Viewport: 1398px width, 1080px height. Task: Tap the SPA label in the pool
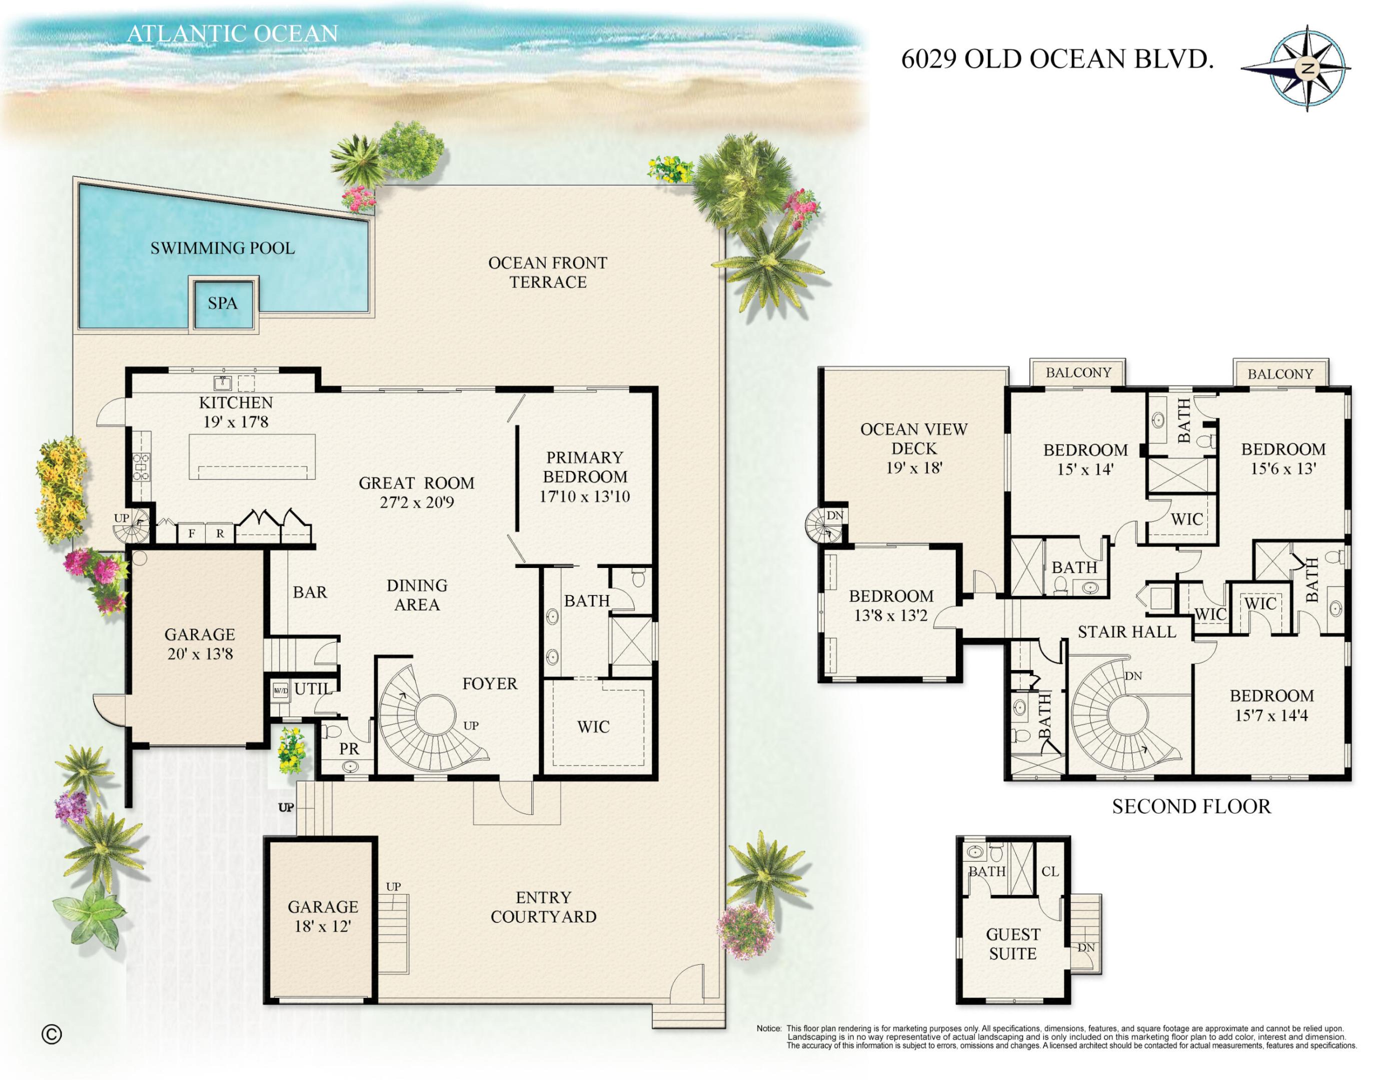pos(223,303)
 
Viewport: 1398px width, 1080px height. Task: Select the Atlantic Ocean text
pos(233,34)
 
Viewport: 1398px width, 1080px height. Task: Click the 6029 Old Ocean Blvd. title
pos(1057,59)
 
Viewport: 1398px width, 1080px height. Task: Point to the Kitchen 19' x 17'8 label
pos(236,412)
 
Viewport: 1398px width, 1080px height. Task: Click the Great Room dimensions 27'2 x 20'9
pos(417,503)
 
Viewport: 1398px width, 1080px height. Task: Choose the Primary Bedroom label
pos(584,476)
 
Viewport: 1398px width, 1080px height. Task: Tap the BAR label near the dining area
pos(310,592)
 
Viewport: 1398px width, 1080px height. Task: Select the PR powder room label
pos(349,749)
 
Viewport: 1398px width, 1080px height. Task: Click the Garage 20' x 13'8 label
pos(200,643)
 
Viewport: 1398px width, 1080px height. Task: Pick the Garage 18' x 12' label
pos(323,916)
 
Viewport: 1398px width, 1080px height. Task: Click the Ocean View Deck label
pos(913,448)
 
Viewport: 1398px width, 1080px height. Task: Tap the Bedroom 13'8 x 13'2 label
pos(891,605)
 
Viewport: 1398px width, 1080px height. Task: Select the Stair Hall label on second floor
pos(1126,632)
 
